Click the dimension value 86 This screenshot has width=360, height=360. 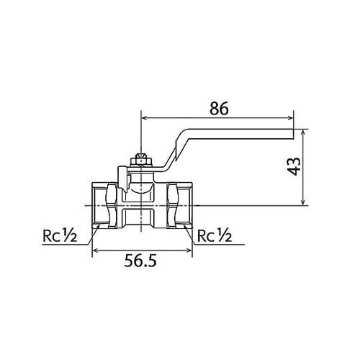coord(219,109)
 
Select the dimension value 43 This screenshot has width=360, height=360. coord(294,166)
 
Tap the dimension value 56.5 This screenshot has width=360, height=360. coord(140,261)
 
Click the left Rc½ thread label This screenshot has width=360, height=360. coord(60,235)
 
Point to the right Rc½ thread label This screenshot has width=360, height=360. coord(215,235)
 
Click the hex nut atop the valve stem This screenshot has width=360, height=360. coord(141,160)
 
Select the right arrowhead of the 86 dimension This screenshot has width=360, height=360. coord(291,117)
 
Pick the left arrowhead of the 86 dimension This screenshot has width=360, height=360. coord(145,117)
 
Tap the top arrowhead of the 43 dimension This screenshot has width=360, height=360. coord(304,132)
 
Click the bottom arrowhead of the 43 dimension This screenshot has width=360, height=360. coord(304,202)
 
